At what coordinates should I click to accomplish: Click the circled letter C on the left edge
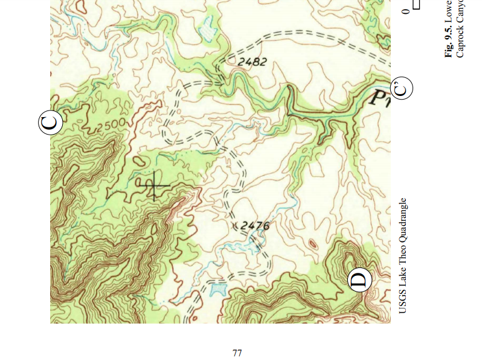point(51,123)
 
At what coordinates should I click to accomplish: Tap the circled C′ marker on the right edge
point(402,89)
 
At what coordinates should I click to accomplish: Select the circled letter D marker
point(359,280)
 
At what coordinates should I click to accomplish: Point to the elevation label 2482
point(252,62)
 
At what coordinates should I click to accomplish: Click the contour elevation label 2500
point(110,126)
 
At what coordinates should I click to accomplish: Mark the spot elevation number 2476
point(255,226)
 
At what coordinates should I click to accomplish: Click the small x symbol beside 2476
point(236,226)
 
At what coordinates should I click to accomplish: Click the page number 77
point(237,353)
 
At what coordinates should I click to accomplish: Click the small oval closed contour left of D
point(313,244)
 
